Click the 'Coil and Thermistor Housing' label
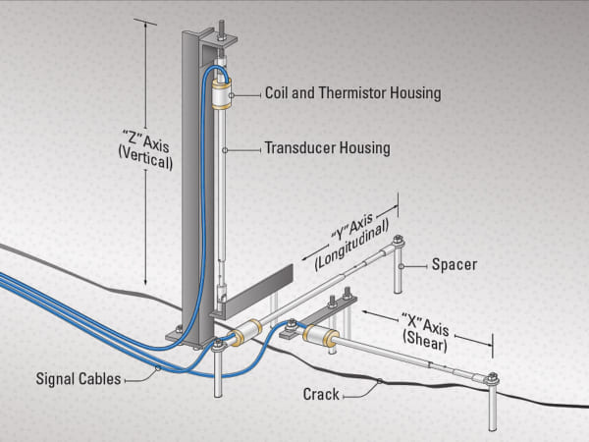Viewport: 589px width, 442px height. click(352, 93)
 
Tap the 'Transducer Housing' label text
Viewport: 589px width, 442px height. click(327, 149)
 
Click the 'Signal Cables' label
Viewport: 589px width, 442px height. click(79, 378)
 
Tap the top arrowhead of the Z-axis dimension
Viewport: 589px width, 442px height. click(147, 23)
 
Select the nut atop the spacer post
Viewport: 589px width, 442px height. click(398, 241)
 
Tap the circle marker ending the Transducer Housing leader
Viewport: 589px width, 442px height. click(226, 149)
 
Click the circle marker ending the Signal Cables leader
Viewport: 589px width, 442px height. click(158, 369)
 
